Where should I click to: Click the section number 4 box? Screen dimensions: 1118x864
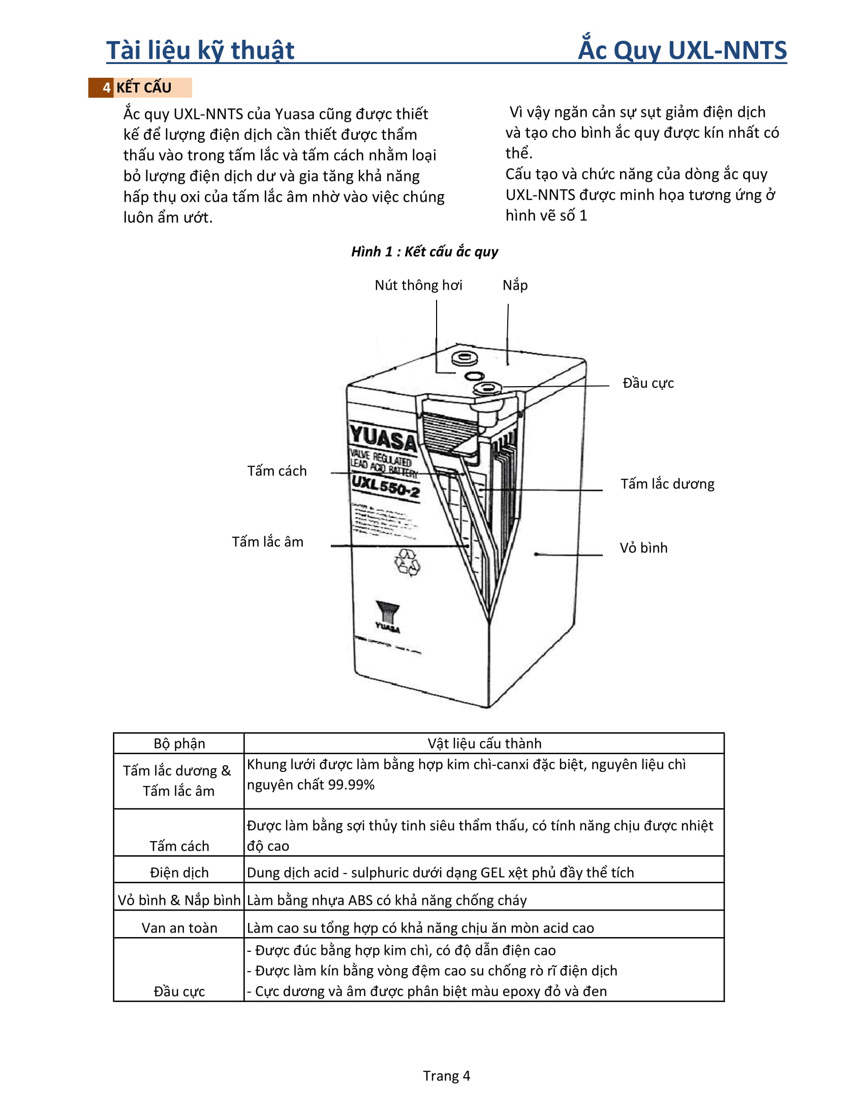tap(106, 87)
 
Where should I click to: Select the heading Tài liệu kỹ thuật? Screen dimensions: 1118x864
tap(200, 51)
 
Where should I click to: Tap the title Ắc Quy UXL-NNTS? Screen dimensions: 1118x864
tap(682, 51)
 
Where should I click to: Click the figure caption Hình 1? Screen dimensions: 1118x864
tap(424, 252)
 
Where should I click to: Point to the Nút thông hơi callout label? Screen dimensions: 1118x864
tap(418, 285)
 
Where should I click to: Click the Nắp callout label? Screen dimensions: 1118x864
tap(515, 285)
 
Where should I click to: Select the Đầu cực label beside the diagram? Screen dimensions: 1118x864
tap(648, 383)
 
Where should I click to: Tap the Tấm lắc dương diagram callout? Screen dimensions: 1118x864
tap(667, 484)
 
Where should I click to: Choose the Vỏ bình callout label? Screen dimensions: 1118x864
tap(643, 548)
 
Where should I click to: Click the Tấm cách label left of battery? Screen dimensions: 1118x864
tap(277, 471)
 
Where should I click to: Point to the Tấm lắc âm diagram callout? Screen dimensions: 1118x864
tap(268, 542)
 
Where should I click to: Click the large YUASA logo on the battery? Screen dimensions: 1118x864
tap(383, 438)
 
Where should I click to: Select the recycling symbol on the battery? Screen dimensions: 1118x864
tap(408, 563)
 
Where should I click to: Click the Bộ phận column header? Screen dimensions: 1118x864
tap(179, 744)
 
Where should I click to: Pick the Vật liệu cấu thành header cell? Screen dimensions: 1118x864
tap(484, 744)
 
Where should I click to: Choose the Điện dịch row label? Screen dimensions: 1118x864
tap(179, 873)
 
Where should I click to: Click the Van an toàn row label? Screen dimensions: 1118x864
tap(179, 928)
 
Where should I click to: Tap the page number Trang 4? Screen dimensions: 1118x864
tap(446, 1076)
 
